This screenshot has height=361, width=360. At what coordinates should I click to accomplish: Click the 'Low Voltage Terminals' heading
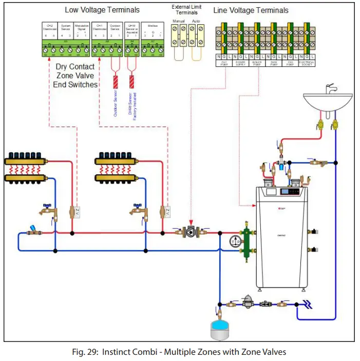tap(103, 10)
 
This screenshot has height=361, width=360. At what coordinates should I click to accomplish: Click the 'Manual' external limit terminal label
tap(179, 22)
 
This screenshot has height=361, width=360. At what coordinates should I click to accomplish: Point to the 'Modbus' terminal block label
tap(152, 26)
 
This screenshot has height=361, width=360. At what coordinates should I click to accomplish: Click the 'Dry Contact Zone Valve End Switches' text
tap(75, 76)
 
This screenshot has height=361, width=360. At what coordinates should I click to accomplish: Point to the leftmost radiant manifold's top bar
tap(24, 161)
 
